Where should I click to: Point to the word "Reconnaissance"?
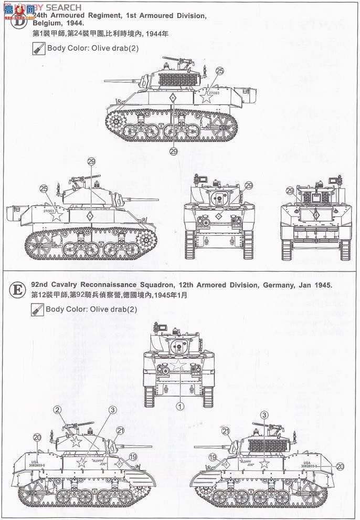coord(116,285)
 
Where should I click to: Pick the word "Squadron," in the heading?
coord(168,285)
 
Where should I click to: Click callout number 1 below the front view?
coord(179,406)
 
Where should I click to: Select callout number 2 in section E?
coord(57,409)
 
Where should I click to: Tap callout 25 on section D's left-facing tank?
coord(219,70)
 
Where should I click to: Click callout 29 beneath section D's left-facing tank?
coord(174,151)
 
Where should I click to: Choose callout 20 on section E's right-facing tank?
coord(37,436)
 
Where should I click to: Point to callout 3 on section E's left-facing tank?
coord(264,415)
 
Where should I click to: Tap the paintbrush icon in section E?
coord(37,309)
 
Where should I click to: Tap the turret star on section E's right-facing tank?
coord(76,440)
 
